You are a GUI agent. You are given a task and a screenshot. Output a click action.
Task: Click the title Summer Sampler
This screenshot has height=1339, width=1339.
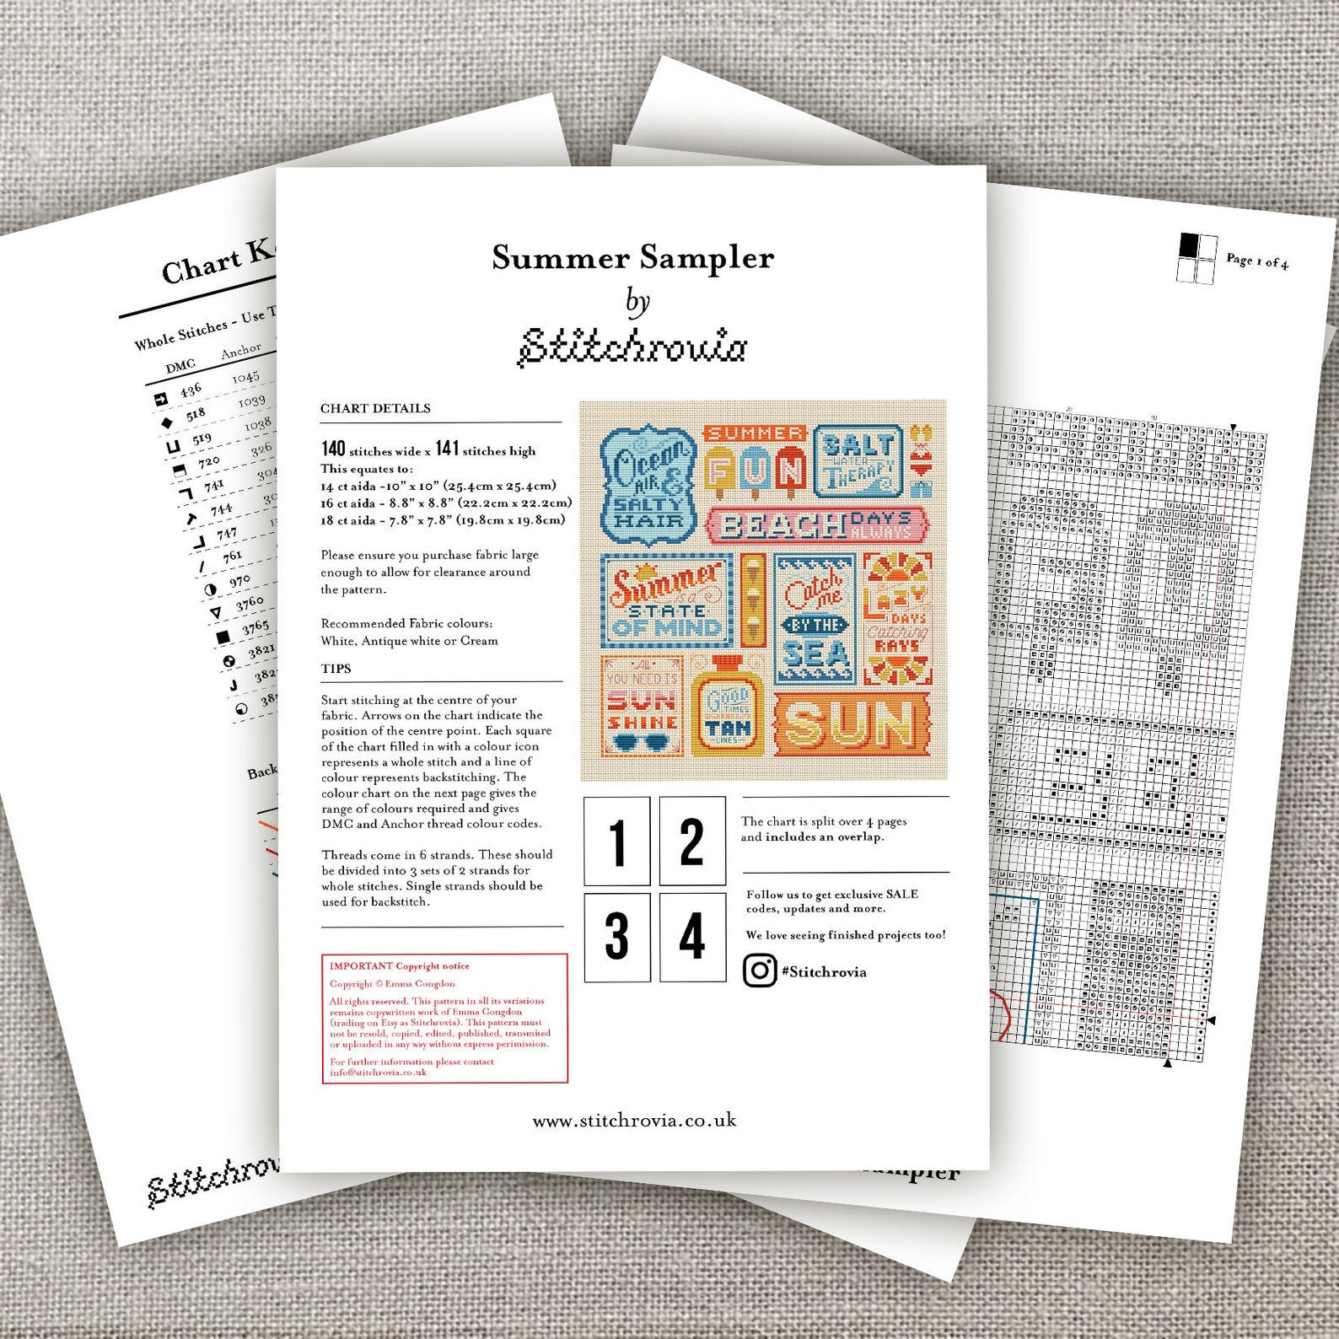[632, 258]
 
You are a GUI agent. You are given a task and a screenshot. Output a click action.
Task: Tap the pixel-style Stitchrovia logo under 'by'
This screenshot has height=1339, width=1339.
[632, 347]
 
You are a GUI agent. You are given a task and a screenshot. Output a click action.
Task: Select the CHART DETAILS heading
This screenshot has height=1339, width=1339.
[375, 409]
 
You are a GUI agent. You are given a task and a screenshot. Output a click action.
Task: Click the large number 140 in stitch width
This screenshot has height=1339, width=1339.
[333, 449]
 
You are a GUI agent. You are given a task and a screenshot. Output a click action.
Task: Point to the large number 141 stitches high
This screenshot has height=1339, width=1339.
[447, 449]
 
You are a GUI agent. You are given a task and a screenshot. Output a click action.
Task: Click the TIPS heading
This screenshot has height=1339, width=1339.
[336, 669]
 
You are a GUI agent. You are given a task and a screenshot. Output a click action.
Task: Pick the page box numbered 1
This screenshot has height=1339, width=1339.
[617, 842]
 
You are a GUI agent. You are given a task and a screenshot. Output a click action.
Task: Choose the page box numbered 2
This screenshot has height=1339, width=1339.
[692, 842]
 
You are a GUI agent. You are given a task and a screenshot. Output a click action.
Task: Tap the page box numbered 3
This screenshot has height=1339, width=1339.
[617, 937]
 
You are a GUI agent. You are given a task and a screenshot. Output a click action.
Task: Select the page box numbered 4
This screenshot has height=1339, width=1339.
[692, 937]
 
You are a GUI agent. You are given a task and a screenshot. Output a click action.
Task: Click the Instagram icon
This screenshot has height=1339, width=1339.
[760, 971]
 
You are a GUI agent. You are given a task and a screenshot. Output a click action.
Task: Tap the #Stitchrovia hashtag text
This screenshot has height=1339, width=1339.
[824, 971]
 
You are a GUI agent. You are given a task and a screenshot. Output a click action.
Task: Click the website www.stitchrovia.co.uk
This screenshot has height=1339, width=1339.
[634, 1121]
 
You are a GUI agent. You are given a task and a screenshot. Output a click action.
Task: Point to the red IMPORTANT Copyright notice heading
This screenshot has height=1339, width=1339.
[400, 966]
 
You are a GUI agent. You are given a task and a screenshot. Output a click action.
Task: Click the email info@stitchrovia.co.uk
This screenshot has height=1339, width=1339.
[378, 1073]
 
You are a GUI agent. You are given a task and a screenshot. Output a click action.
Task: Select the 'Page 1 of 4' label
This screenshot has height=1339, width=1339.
[1256, 261]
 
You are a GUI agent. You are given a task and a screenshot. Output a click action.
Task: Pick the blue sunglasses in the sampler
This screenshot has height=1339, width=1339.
[642, 744]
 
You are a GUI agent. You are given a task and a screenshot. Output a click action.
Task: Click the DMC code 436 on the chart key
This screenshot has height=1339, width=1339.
[191, 390]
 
